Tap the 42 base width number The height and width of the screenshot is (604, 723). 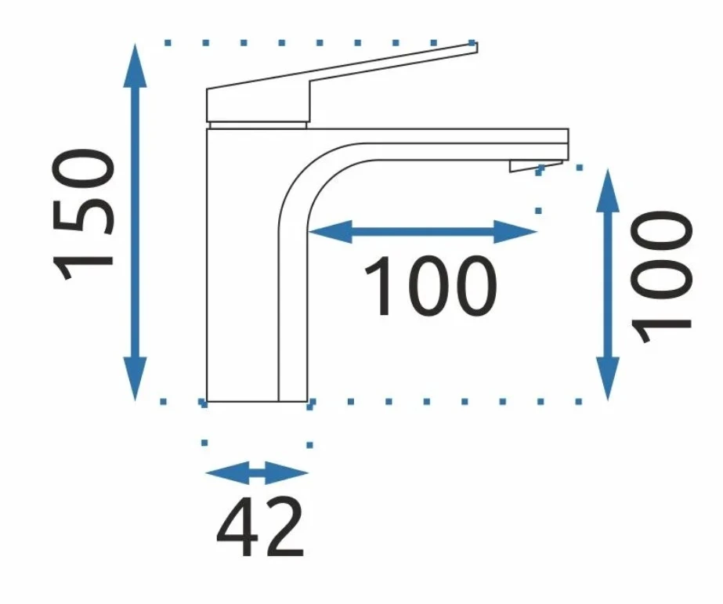259,527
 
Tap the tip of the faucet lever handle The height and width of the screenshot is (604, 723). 472,47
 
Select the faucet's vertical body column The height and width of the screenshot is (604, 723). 242,266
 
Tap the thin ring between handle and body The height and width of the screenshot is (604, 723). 258,124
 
